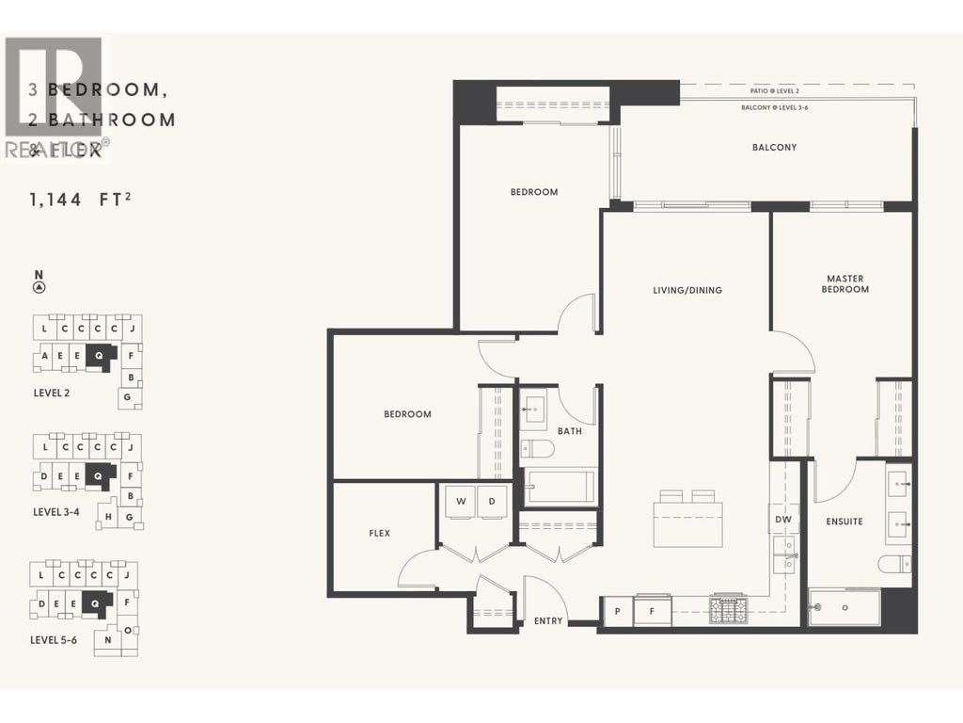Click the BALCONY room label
[x=774, y=148]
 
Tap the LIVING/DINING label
[x=687, y=290]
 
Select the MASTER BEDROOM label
[x=845, y=283]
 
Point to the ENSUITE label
[x=844, y=522]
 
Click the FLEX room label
[x=379, y=533]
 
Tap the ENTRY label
[x=548, y=620]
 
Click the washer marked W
[x=461, y=502]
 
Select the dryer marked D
[x=492, y=502]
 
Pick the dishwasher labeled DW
[x=782, y=519]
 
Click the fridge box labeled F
[x=652, y=612]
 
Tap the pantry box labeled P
[x=618, y=612]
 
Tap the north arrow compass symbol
[x=39, y=287]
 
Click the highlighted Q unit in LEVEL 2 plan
[x=98, y=356]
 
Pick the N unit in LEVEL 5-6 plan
[x=108, y=640]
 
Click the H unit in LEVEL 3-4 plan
[x=109, y=517]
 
